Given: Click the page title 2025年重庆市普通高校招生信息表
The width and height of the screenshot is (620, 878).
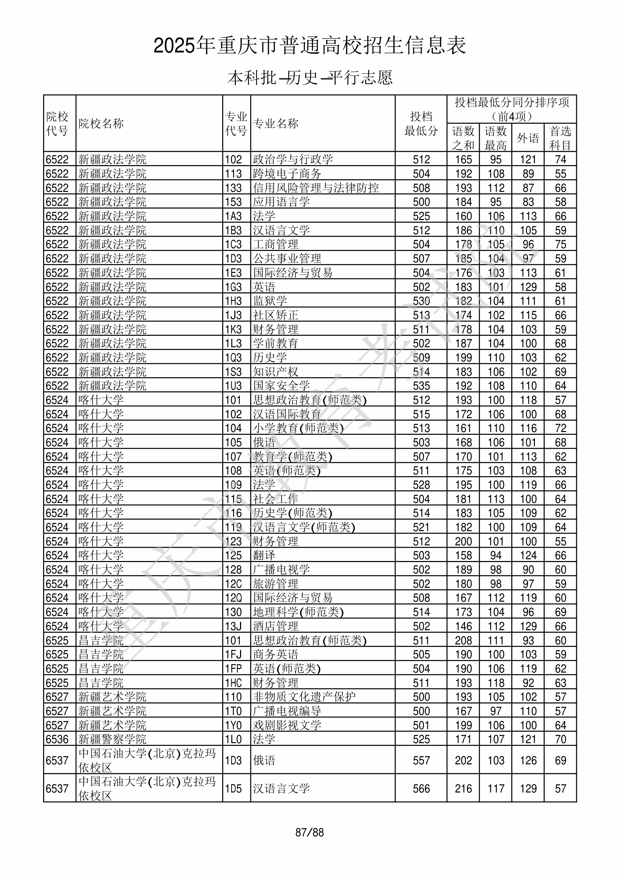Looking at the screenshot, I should click(x=309, y=46).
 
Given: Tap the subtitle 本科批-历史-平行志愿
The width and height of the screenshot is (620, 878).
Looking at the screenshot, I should click(x=309, y=78).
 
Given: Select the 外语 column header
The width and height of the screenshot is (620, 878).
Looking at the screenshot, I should click(x=528, y=138).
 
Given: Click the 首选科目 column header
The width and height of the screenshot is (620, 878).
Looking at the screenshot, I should click(x=560, y=138).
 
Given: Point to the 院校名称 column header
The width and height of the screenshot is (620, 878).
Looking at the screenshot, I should click(x=101, y=123).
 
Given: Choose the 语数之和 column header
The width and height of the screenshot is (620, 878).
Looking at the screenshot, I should click(x=463, y=138).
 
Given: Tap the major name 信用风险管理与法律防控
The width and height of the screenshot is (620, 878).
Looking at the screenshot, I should click(x=316, y=188).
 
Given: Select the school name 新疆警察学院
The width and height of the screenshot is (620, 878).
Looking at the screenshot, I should click(x=113, y=739).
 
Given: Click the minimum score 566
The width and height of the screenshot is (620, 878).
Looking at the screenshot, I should click(x=421, y=789).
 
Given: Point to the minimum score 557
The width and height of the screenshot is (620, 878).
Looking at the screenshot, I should click(x=421, y=760).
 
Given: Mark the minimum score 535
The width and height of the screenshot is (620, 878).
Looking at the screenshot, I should click(x=421, y=385).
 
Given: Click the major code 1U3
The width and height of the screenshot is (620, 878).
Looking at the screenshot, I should click(x=233, y=385).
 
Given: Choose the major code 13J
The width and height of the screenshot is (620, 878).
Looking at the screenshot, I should click(x=233, y=626).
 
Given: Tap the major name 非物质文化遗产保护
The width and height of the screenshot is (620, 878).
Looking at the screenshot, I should click(x=304, y=697).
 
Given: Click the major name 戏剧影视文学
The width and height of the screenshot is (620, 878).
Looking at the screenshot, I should click(x=287, y=725).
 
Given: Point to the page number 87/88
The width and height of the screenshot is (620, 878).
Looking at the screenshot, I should click(x=309, y=832).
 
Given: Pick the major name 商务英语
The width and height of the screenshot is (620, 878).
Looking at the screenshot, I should click(x=275, y=654).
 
